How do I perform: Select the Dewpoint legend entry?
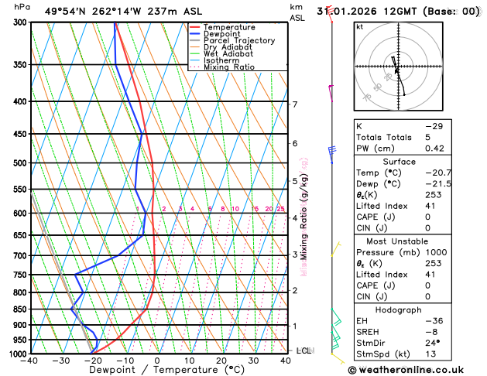[224, 34]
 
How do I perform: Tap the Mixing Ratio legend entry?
[229, 67]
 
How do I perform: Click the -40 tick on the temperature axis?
[29, 361]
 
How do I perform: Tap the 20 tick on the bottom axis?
[221, 361]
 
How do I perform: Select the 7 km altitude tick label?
[294, 104]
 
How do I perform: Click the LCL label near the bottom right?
[304, 350]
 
